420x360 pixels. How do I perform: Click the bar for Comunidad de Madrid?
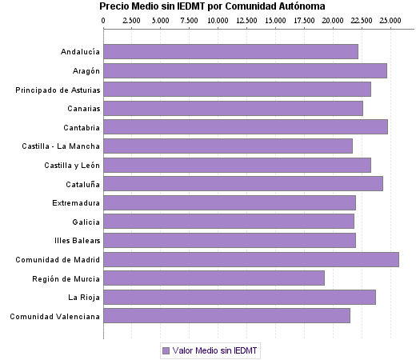click(250, 259)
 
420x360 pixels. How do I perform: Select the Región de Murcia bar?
click(214, 278)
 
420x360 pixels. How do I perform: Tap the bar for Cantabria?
click(245, 126)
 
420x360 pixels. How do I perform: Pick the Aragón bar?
click(245, 70)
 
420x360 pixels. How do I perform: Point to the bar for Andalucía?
click(230, 52)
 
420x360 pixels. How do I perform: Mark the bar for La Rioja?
click(239, 297)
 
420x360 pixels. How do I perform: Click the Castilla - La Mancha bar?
click(227, 146)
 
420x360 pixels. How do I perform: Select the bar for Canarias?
click(233, 108)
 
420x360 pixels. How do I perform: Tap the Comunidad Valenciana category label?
click(54, 317)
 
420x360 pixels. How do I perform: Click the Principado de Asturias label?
click(58, 90)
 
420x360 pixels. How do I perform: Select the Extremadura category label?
click(74, 202)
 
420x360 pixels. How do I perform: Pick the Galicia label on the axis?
click(85, 222)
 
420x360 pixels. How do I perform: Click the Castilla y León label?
click(73, 165)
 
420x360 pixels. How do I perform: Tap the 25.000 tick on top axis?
click(390, 19)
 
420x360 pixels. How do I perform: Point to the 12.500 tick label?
click(246, 19)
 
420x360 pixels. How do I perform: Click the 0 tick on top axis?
click(104, 19)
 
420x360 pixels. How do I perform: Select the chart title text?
click(212, 6)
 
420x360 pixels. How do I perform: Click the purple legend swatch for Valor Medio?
click(166, 350)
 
